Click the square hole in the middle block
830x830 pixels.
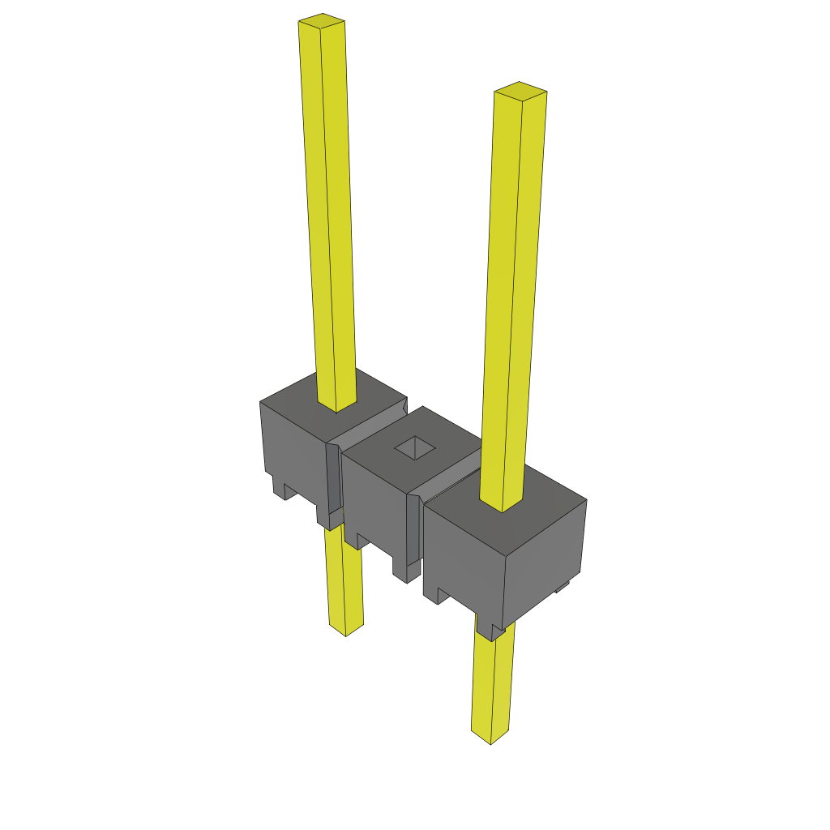coord(415,447)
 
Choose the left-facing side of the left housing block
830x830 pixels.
coord(292,446)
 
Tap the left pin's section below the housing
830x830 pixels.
coord(344,584)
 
